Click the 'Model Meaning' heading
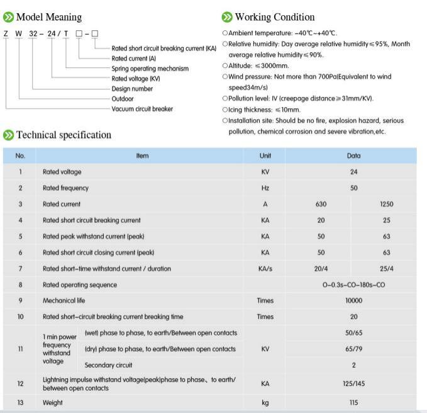click(48, 17)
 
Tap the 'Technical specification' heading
click(64, 135)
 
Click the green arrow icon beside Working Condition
click(227, 17)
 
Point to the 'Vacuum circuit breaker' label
click(142, 109)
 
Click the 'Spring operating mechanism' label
click(150, 68)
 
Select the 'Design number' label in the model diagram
click(132, 89)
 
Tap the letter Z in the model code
click(6, 33)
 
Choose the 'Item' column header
click(142, 156)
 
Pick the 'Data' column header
click(353, 156)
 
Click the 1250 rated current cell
click(386, 204)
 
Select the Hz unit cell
click(265, 188)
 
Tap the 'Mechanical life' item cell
click(64, 300)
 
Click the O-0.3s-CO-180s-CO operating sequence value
click(353, 285)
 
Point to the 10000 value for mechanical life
click(353, 300)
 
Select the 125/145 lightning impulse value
click(353, 383)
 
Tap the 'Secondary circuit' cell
click(108, 365)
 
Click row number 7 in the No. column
click(20, 268)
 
